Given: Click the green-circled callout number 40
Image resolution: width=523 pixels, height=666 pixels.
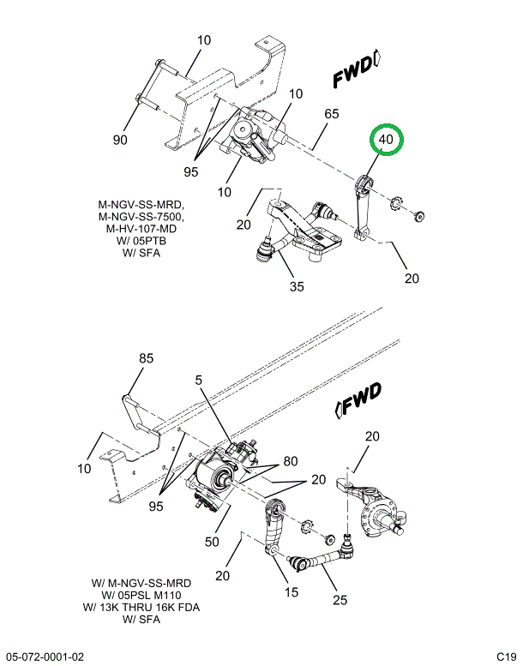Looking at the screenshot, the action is tap(386, 139).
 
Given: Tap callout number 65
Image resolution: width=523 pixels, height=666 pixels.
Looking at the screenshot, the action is tap(332, 114).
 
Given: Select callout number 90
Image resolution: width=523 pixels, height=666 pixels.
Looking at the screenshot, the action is tap(120, 140).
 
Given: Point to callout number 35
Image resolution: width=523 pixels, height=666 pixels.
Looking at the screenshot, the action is tap(297, 286).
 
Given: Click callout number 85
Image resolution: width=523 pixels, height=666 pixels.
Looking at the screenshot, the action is tap(146, 358).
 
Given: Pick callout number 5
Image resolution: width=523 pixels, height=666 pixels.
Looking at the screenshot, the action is tap(199, 380).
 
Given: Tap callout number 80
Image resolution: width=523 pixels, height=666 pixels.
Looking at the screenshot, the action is tap(291, 461).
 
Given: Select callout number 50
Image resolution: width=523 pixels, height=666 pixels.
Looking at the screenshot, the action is tap(212, 542).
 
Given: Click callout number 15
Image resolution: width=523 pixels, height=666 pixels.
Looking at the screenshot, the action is tap(292, 591).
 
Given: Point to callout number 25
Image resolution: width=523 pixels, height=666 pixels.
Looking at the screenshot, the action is tap(340, 600).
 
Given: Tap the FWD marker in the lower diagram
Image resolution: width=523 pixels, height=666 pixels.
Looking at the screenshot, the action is tap(359, 400).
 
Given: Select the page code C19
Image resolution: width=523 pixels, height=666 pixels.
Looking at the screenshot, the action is tap(506, 657).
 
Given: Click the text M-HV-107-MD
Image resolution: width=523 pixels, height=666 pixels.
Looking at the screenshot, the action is tap(141, 229).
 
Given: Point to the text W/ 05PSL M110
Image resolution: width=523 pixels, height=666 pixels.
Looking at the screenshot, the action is tap(141, 595).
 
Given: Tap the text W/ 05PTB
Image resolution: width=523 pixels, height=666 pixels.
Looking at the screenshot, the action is tap(141, 241).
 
